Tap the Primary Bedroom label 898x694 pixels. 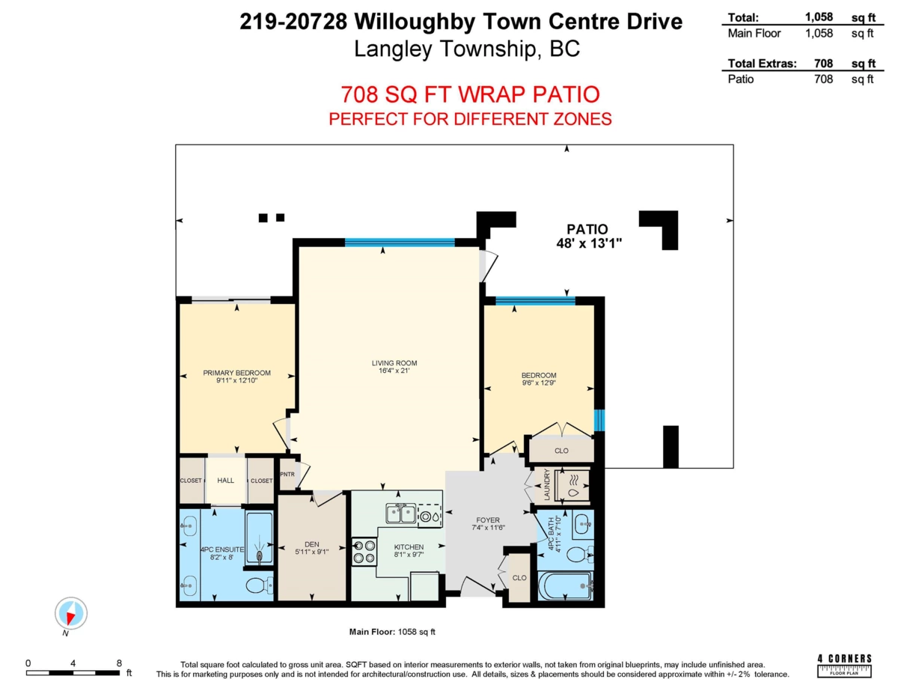tap(236, 377)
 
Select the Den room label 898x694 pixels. tap(312, 549)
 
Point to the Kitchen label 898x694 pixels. tap(409, 552)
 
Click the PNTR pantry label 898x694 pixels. tap(287, 475)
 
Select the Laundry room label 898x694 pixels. tap(548, 485)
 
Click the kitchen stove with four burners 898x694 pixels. tap(364, 551)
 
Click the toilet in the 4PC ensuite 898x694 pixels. tap(256, 584)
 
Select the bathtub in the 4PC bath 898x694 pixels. tap(566, 585)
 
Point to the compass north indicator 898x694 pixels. tap(71, 615)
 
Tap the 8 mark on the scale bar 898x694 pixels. tap(119, 663)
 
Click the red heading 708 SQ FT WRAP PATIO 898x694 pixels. tap(470, 95)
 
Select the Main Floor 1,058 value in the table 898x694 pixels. tap(819, 33)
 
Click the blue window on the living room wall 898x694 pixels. tap(400, 242)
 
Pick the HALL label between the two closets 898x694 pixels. tap(226, 481)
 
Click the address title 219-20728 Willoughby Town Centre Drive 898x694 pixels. tap(461, 22)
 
